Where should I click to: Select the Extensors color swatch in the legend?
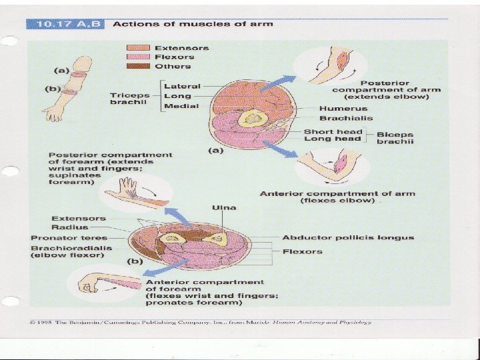click(140, 48)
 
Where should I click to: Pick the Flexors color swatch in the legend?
click(140, 57)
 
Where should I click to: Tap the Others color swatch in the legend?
click(140, 67)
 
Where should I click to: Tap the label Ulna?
click(223, 207)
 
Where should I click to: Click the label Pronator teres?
click(61, 238)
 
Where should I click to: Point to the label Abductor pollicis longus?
click(347, 237)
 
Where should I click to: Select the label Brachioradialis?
click(71, 247)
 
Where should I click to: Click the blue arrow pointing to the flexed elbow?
click(285, 153)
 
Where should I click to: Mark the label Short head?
click(332, 131)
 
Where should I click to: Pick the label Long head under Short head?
click(332, 139)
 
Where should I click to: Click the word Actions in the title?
click(131, 24)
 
